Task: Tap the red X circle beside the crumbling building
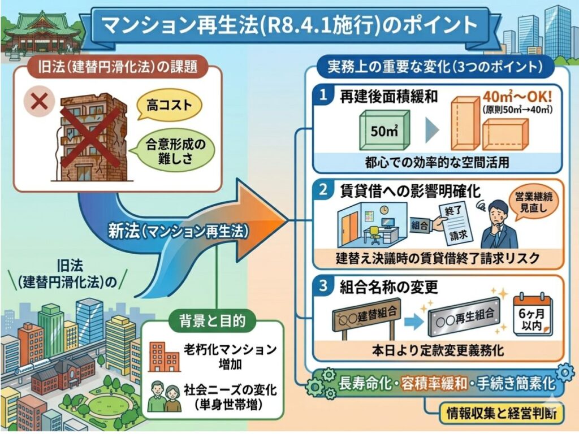(x=40, y=102)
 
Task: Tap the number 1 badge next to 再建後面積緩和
(x=323, y=96)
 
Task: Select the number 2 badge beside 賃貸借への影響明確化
(x=323, y=190)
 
